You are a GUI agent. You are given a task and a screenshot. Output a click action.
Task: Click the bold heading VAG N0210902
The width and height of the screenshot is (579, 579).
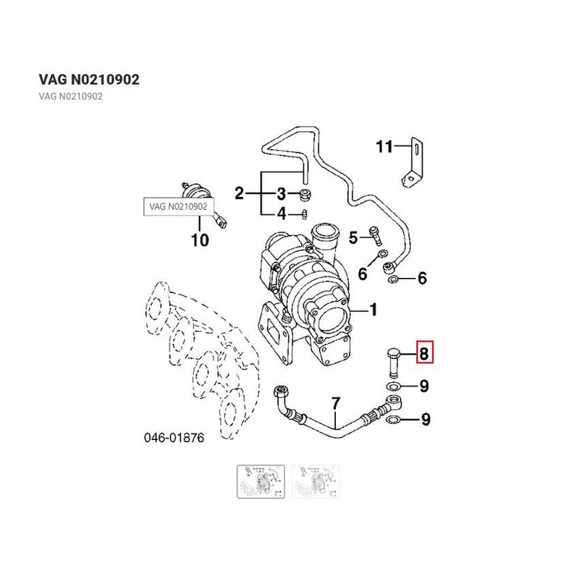tap(88, 79)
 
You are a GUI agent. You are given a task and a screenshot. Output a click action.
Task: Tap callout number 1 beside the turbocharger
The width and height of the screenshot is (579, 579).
tap(373, 310)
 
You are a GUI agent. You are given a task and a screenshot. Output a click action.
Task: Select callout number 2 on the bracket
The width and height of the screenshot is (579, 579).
tap(239, 193)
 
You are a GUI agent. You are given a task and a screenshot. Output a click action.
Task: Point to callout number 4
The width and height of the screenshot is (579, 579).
tap(282, 214)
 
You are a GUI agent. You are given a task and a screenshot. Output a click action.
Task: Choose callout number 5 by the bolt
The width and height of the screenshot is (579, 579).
tap(354, 237)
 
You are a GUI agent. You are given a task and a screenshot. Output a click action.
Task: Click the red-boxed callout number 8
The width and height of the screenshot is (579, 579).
tap(424, 354)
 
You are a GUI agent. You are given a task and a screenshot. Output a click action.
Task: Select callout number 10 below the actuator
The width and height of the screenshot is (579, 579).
tap(200, 240)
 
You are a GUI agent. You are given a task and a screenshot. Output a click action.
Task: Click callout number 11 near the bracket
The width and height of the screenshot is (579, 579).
tap(384, 147)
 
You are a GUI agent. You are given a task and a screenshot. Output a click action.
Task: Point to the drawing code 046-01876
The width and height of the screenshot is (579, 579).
tap(174, 439)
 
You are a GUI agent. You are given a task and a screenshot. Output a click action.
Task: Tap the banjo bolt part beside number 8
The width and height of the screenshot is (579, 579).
tap(392, 360)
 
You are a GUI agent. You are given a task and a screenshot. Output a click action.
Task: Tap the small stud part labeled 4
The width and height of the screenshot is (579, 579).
tap(305, 214)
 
